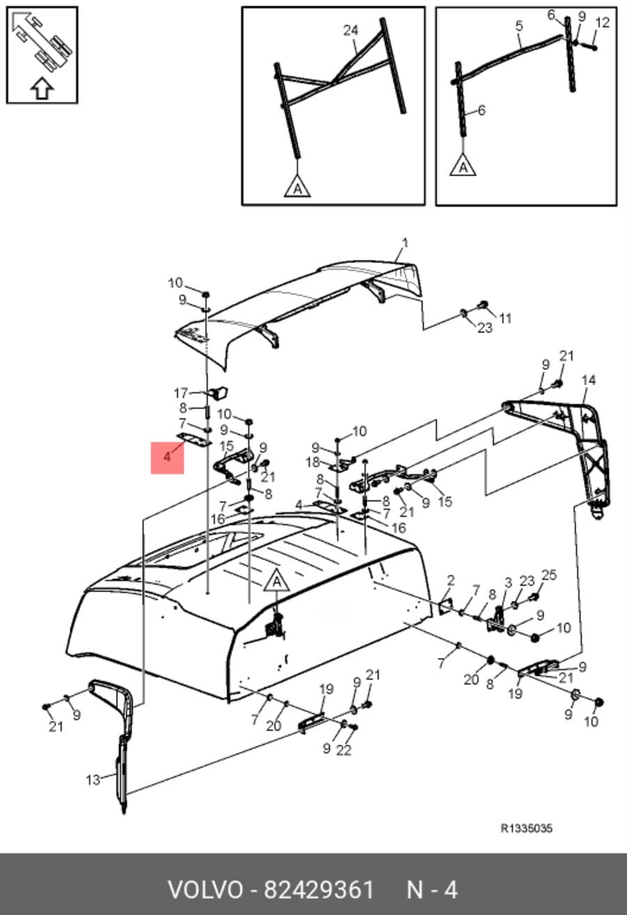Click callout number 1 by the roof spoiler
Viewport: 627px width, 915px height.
click(x=404, y=243)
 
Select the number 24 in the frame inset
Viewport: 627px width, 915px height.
click(x=350, y=31)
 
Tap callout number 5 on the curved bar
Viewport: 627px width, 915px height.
click(x=519, y=26)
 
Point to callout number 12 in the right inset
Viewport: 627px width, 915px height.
click(x=603, y=23)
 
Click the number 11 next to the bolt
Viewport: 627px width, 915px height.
click(x=505, y=318)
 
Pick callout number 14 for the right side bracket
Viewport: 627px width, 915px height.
click(x=589, y=380)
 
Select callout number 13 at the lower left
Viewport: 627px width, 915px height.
click(x=93, y=781)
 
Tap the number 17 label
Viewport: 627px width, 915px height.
click(x=181, y=393)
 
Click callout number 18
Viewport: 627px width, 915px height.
click(x=313, y=463)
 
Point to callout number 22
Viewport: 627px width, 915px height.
click(x=343, y=750)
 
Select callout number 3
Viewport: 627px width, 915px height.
click(x=508, y=583)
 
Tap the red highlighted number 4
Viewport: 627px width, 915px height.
click(x=167, y=457)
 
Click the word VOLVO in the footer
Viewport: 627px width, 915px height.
click(x=206, y=890)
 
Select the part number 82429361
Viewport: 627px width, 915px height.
click(x=318, y=890)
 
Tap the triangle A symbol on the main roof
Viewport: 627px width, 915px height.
click(x=277, y=580)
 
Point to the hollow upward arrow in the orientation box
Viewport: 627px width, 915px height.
click(x=42, y=89)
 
